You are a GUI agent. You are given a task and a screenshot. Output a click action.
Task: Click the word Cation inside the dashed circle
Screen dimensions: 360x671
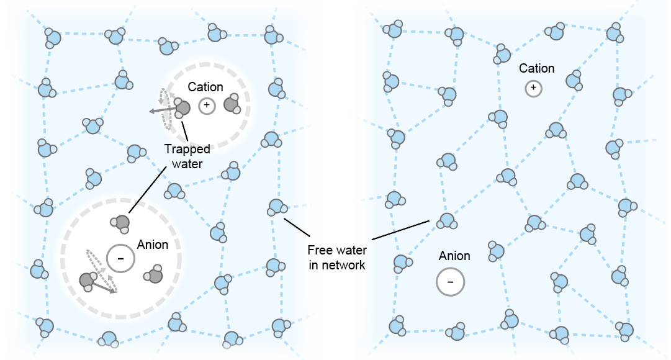(x=205, y=88)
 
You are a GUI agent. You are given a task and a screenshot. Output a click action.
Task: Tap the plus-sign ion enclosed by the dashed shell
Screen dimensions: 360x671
(x=207, y=106)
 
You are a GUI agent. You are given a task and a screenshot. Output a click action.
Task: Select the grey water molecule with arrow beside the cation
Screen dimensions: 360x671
(x=182, y=108)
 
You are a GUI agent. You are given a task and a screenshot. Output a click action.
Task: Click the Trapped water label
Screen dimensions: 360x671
(x=187, y=156)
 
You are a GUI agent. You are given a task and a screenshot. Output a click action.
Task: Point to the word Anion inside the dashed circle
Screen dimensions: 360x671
(x=153, y=245)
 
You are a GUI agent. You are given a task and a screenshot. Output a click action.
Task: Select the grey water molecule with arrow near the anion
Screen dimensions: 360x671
(x=87, y=280)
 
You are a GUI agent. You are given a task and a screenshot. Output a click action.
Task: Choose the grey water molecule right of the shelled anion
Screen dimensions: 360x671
(x=154, y=275)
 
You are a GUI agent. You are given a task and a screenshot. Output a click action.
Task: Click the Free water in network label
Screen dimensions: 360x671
(x=337, y=258)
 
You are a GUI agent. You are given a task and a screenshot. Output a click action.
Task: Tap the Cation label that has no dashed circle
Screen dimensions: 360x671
(x=536, y=68)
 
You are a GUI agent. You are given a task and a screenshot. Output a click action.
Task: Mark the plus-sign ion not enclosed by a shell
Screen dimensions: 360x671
(x=533, y=88)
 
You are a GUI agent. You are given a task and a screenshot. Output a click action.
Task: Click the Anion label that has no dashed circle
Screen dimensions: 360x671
(x=454, y=256)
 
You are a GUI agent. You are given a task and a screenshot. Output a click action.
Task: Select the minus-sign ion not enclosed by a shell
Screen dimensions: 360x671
(x=451, y=282)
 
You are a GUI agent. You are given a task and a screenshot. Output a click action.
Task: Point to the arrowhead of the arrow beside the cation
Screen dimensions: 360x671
(x=151, y=112)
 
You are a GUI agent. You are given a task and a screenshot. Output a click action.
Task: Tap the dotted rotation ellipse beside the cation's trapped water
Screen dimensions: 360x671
(x=165, y=109)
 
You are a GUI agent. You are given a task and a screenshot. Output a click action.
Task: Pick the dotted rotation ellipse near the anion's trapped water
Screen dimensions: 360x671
(x=99, y=268)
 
